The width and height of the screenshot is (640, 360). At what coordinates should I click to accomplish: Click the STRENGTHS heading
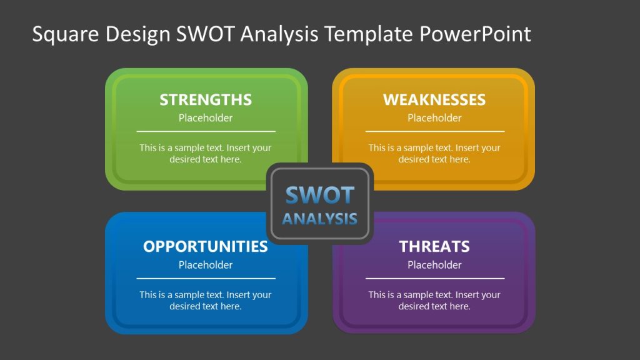[x=206, y=100]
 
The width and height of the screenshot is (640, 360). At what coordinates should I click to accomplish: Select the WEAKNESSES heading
[x=434, y=100]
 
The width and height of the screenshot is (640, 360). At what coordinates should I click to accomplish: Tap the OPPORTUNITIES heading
[x=206, y=246]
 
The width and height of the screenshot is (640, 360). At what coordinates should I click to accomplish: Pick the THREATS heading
[x=434, y=246]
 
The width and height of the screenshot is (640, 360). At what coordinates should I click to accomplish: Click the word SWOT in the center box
[x=319, y=196]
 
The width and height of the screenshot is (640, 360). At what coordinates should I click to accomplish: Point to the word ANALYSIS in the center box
[x=319, y=219]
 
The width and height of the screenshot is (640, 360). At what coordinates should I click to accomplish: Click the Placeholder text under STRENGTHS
[x=206, y=118]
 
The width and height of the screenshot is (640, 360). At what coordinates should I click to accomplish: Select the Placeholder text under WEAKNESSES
[x=434, y=118]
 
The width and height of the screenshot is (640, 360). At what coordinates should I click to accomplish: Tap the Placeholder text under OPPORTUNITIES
[x=206, y=265]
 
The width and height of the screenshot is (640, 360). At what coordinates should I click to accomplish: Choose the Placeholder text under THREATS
[x=434, y=265]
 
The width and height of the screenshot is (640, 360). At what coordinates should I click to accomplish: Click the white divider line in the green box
[x=206, y=131]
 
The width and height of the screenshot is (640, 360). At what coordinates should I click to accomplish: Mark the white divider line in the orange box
[x=434, y=131]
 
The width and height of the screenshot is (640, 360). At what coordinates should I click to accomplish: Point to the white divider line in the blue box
[x=206, y=278]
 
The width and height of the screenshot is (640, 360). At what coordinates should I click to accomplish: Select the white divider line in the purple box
[x=434, y=278]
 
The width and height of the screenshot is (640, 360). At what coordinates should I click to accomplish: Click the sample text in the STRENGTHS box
[x=206, y=154]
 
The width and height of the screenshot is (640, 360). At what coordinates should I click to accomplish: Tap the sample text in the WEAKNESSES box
[x=434, y=154]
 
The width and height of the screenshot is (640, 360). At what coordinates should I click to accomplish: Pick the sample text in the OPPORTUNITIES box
[x=206, y=301]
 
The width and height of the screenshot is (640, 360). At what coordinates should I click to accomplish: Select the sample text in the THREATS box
[x=434, y=301]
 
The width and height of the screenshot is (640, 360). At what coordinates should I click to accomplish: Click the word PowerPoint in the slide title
[x=475, y=34]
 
